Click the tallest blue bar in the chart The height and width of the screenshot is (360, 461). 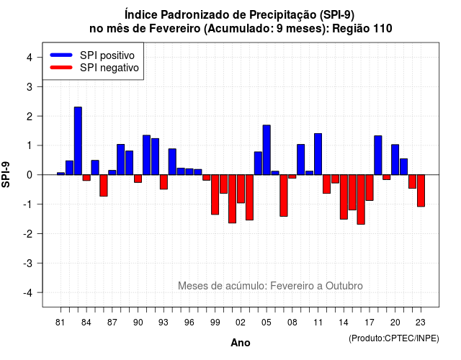click(78, 141)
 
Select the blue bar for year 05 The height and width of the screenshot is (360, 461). click(267, 150)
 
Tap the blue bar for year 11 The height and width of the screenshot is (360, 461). click(318, 154)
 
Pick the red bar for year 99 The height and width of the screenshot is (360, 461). click(215, 194)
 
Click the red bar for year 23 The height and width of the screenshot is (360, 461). click(421, 190)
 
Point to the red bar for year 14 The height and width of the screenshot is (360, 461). click(344, 197)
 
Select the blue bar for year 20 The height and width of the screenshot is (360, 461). click(395, 160)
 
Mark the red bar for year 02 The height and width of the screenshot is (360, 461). click(241, 189)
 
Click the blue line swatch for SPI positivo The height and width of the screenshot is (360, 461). click(61, 55)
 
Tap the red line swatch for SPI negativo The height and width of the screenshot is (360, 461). click(61, 68)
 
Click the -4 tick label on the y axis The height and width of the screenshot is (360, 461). click(29, 293)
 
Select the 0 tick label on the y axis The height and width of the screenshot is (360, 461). click(30, 175)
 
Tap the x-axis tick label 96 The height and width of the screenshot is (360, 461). click(189, 323)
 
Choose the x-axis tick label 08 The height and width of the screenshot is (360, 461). click(292, 323)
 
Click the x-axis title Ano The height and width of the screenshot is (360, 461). click(241, 343)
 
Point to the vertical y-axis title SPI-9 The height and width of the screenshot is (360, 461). click(6, 175)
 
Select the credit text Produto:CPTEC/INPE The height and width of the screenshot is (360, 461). click(394, 338)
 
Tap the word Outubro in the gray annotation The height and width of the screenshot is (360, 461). click(344, 286)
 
